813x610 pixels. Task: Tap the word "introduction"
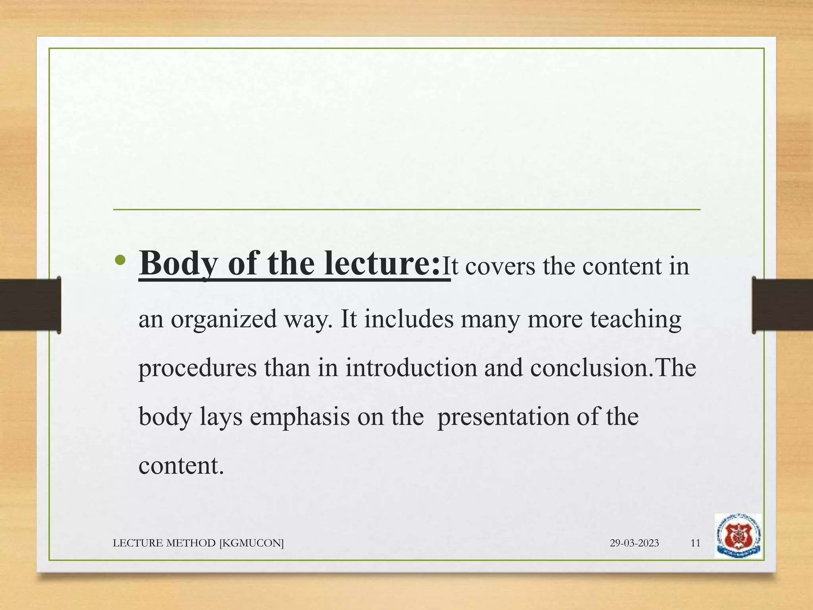(x=411, y=367)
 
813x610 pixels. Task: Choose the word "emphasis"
(x=300, y=417)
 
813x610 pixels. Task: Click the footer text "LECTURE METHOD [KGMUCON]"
(x=198, y=543)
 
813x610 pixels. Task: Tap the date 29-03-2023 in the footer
(x=634, y=543)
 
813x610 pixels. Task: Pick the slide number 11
(x=695, y=543)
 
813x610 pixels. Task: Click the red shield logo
(x=738, y=536)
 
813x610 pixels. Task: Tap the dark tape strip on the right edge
(x=782, y=305)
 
